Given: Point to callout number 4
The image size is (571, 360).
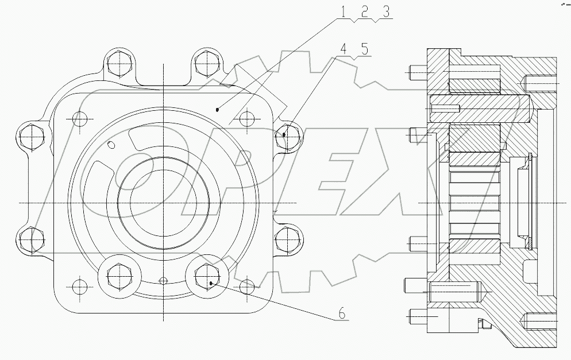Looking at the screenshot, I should tap(344, 50).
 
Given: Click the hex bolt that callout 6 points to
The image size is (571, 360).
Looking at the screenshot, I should tap(206, 275).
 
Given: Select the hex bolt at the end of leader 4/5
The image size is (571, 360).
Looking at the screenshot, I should tap(285, 136).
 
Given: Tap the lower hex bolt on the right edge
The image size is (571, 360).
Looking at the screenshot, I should tap(285, 237).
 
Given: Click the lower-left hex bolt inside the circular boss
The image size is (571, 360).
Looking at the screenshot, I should tap(119, 275).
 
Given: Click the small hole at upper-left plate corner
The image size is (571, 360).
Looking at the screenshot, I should tap(79, 119).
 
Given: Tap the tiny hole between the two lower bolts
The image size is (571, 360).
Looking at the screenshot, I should tap(164, 280).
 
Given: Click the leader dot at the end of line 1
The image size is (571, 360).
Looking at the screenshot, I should tap(217, 108).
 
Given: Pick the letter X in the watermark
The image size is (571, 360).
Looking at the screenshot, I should tap(385, 184).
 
